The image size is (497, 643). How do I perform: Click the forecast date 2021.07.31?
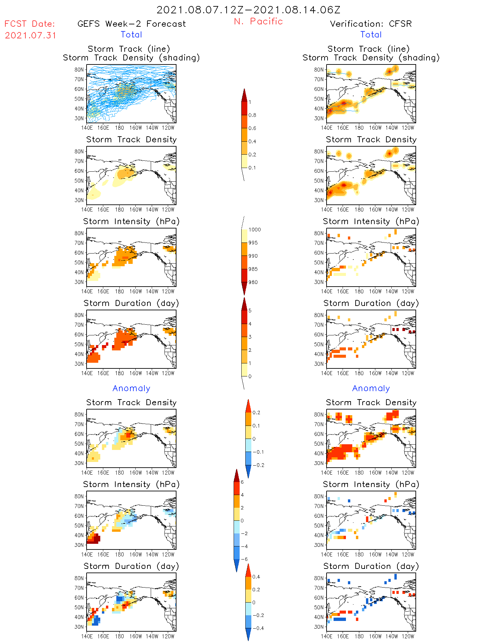click(30, 35)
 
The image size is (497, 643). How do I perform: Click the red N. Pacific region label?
click(258, 21)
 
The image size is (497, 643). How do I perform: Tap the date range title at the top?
click(248, 10)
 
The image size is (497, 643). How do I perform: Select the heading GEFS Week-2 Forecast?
click(131, 24)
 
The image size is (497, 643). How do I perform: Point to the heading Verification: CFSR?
click(371, 24)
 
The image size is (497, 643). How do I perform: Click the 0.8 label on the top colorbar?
click(252, 115)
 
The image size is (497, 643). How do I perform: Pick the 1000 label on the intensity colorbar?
click(254, 230)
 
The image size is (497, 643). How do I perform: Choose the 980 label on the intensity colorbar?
click(253, 282)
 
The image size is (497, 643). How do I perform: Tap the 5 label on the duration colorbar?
click(250, 311)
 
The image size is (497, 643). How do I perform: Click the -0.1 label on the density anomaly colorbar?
click(258, 452)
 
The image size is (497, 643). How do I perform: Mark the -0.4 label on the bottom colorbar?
click(258, 628)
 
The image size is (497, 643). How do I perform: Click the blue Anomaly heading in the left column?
click(131, 388)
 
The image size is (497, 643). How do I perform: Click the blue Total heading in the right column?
click(371, 34)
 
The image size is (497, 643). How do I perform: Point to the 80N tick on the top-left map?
click(79, 69)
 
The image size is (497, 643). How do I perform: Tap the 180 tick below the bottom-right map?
click(359, 636)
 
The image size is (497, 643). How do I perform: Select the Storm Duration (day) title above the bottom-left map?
click(131, 566)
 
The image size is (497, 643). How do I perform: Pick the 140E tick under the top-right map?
click(327, 128)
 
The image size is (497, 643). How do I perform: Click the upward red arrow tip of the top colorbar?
click(244, 90)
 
